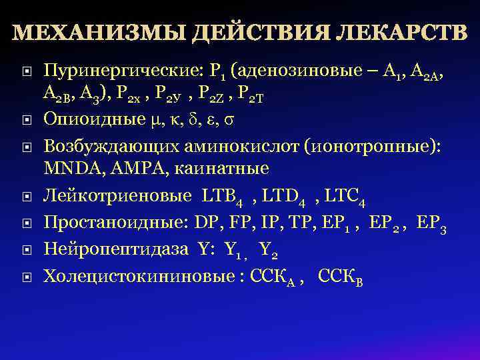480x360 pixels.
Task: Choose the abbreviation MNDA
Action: coord(67,167)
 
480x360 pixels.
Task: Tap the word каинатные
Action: coord(213,167)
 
